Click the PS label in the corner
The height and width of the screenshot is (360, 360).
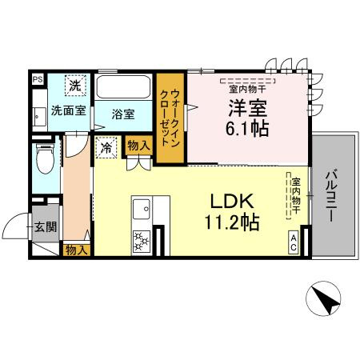38,80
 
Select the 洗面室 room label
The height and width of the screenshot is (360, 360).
68,110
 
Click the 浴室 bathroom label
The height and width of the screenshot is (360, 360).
123,114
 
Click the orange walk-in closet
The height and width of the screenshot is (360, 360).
170,118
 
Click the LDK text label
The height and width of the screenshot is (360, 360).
231,200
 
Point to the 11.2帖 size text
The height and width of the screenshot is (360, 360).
233,222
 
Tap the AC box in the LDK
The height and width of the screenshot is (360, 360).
294,242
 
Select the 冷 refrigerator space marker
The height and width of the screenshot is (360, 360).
106,148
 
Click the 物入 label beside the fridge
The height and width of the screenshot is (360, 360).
138,146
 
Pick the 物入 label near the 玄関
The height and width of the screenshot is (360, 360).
76,250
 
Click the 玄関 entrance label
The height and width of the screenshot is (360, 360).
46,227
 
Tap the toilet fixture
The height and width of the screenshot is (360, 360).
46,160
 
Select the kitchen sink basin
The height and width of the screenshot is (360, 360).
142,209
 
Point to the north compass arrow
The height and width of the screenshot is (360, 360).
323,300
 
